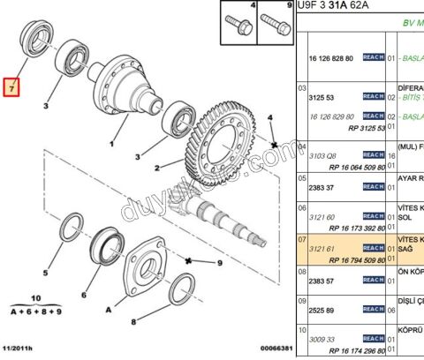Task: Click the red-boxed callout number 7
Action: tap(11, 88)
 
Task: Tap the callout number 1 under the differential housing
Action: tap(112, 143)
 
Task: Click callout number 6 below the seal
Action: tap(84, 295)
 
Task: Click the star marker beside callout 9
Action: tap(188, 259)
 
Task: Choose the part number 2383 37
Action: tap(320, 186)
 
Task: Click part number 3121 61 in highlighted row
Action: tap(320, 250)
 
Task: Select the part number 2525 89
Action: tap(320, 311)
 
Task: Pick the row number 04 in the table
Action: tap(302, 147)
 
